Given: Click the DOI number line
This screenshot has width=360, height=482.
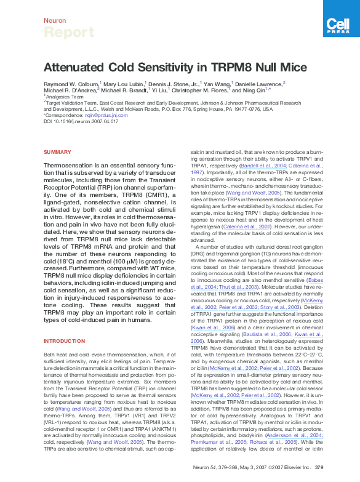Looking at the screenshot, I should click(81, 121).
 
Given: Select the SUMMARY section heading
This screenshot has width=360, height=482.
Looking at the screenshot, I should click(57, 152).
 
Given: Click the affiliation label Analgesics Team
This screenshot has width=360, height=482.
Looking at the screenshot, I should click(63, 97).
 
